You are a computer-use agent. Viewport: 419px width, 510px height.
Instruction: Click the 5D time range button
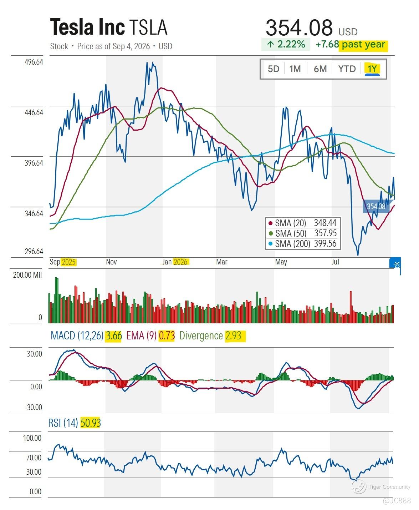tap(273, 69)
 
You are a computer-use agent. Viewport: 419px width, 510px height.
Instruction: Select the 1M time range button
tap(295, 69)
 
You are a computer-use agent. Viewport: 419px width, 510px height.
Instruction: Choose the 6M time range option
tap(320, 69)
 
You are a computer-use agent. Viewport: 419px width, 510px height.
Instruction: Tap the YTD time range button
tap(347, 69)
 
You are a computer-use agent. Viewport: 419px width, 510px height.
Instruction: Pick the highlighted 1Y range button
tap(372, 69)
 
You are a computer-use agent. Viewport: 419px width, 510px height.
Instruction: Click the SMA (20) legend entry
tap(302, 223)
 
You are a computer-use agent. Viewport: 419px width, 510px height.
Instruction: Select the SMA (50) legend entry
tap(302, 233)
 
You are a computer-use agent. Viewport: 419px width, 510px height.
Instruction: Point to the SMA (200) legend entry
tap(302, 243)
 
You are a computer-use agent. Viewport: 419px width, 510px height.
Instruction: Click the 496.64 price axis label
tap(34, 62)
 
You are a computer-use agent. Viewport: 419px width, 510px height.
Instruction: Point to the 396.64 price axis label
tap(34, 163)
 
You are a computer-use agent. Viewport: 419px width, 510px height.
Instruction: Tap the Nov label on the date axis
tap(111, 262)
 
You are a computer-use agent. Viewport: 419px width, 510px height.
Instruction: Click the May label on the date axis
tap(281, 262)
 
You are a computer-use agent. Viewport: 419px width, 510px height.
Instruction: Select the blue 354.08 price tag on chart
tap(376, 206)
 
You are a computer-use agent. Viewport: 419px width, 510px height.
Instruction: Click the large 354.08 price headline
tap(299, 27)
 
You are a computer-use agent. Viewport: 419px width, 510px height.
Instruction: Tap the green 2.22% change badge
tap(286, 44)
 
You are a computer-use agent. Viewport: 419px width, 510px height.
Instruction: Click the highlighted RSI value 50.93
tap(90, 423)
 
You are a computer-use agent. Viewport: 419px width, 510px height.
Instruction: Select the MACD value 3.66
tap(113, 336)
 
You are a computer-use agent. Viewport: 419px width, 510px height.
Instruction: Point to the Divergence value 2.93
tap(234, 336)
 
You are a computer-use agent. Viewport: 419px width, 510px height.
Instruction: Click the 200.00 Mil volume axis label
tap(27, 275)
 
